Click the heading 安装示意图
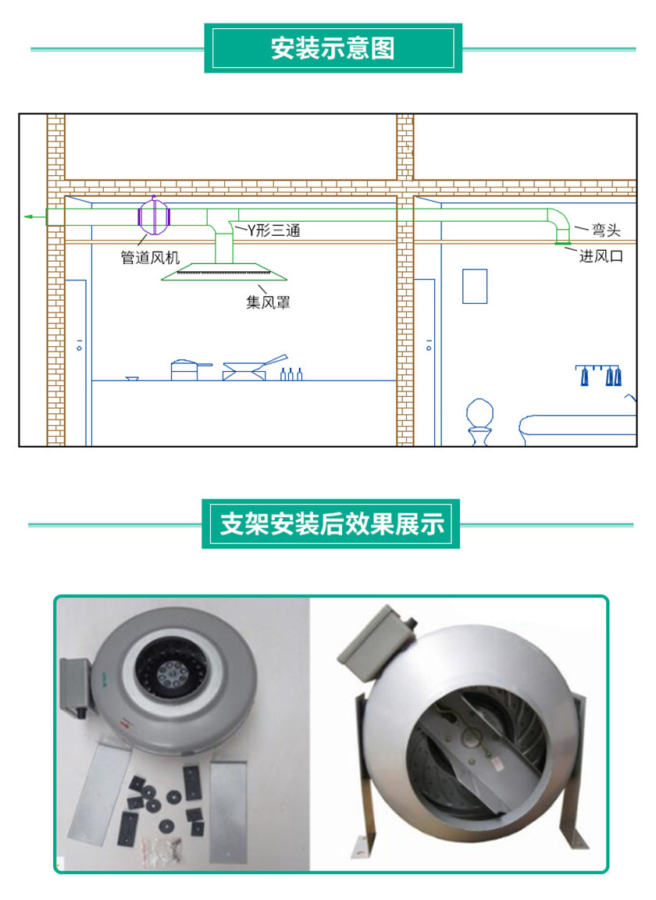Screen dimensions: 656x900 (333, 48)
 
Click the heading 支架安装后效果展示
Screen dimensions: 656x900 (333, 524)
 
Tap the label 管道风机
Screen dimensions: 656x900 (150, 258)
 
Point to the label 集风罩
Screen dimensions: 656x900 (268, 302)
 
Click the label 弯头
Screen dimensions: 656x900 (606, 230)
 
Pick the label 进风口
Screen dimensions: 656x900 (601, 256)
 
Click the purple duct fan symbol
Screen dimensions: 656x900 (154, 216)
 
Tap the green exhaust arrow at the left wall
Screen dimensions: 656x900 (35, 217)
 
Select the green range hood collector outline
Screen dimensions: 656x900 (224, 272)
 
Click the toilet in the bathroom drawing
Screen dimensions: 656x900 (480, 421)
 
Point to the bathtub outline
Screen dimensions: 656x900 (577, 426)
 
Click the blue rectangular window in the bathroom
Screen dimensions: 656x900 (475, 286)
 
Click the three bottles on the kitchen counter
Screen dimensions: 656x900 (291, 373)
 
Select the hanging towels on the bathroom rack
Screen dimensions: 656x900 (598, 375)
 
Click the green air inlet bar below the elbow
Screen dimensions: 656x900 (562, 244)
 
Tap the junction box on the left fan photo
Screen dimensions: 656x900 (75, 687)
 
